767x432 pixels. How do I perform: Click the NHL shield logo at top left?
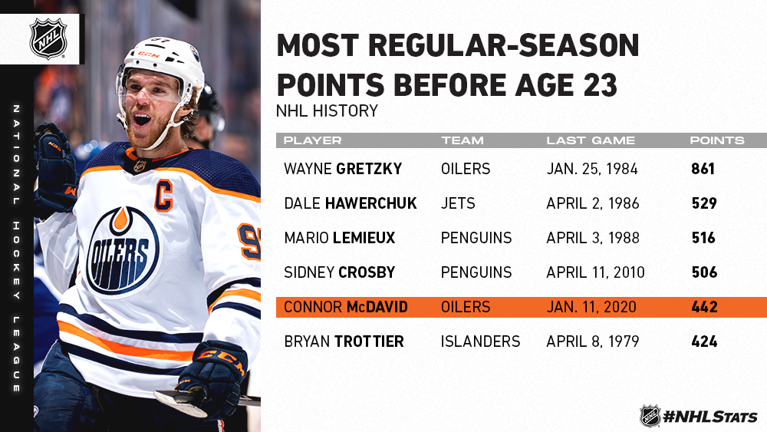[x=48, y=38]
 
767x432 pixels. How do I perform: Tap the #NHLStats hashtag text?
[x=710, y=417]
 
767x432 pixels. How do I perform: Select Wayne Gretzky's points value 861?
[x=703, y=169]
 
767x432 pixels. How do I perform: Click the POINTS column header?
[x=717, y=140]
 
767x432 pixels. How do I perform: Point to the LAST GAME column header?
[x=591, y=140]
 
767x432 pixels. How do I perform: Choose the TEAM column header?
[x=463, y=140]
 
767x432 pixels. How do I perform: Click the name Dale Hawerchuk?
[x=351, y=203]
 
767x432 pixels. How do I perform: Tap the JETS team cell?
[x=458, y=203]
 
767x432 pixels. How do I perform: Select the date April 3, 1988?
[x=593, y=238]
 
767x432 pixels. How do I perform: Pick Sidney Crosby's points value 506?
[x=704, y=272]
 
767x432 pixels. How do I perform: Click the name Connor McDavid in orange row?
[x=346, y=307]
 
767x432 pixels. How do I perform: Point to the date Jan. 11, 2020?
[x=591, y=307]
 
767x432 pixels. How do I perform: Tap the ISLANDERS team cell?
[x=480, y=341]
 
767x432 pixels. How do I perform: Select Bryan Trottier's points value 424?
[x=704, y=341]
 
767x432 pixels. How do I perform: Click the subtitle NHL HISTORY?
[x=328, y=110]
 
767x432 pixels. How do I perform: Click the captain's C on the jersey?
[x=164, y=196]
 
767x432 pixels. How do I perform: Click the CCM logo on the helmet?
[x=149, y=54]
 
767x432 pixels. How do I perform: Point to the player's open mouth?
[x=143, y=120]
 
